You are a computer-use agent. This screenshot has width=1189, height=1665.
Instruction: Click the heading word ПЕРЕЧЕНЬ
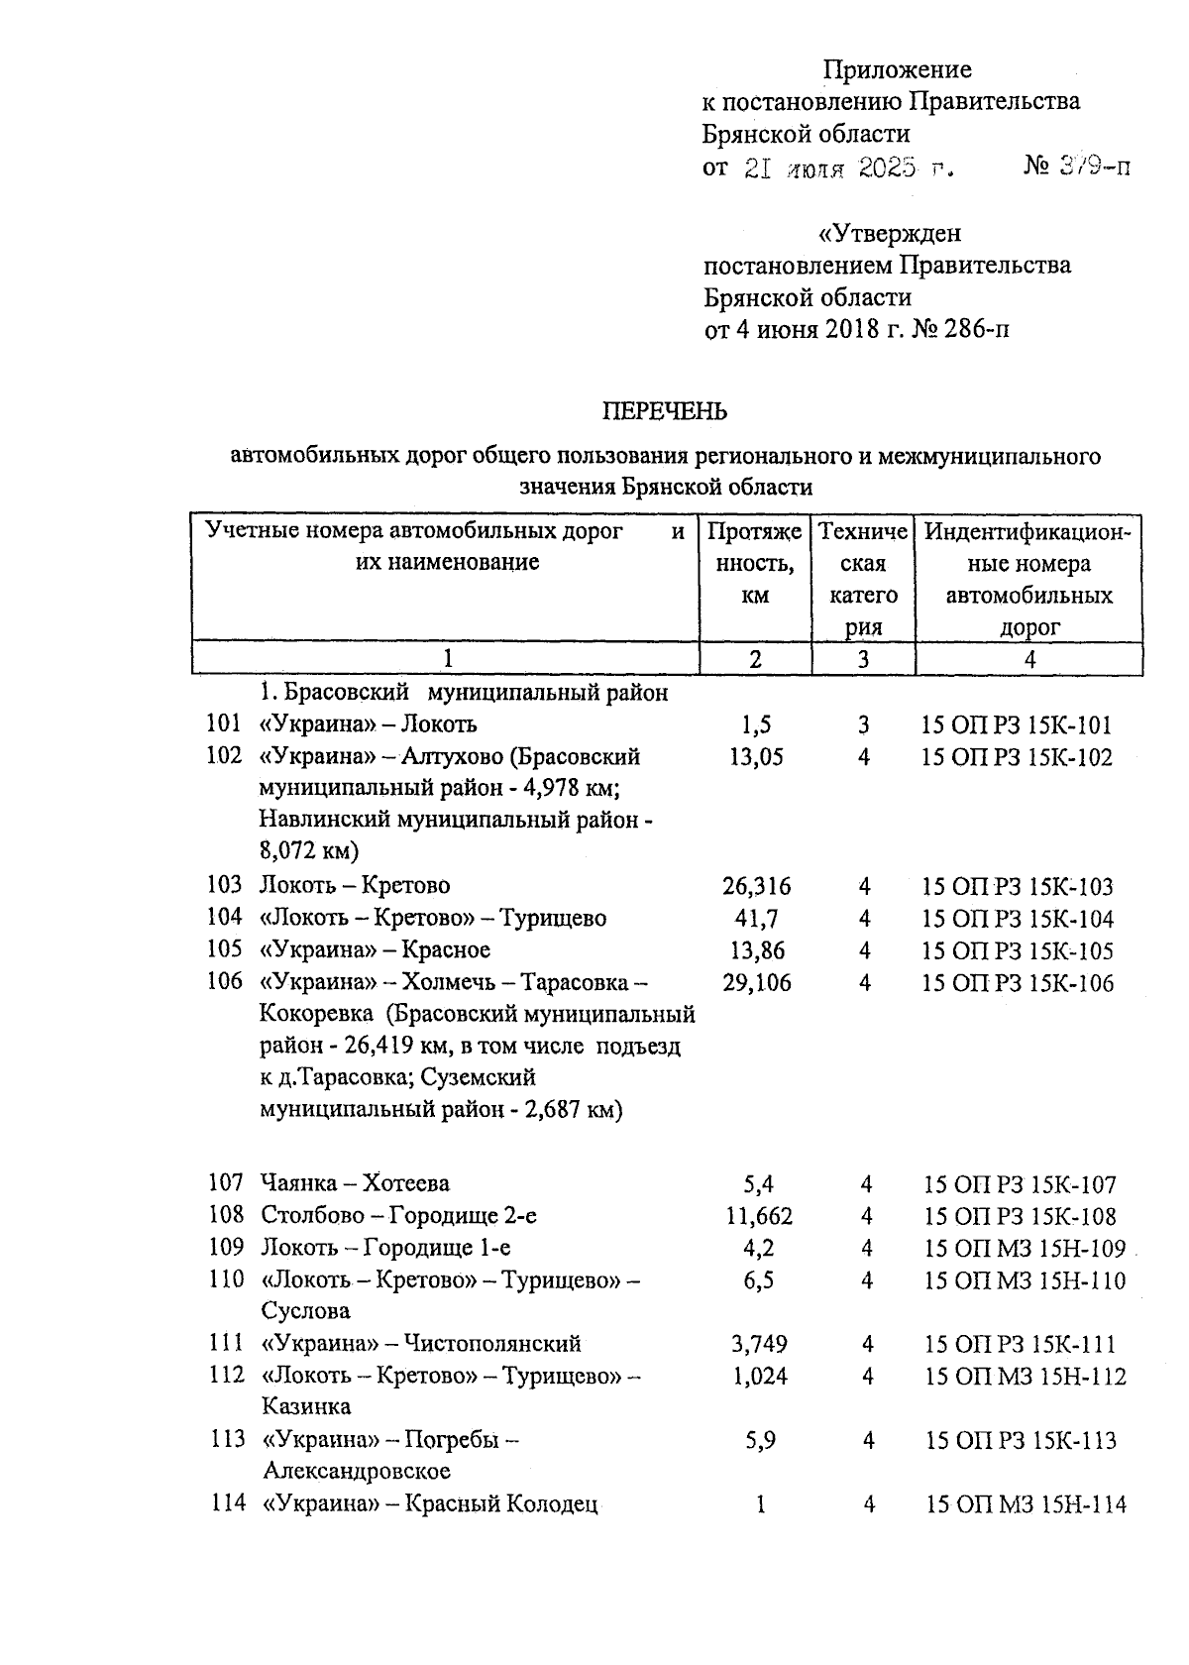click(666, 411)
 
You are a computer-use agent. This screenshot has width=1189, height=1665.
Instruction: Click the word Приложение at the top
click(898, 70)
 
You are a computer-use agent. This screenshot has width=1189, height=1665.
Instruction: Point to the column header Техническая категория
click(863, 579)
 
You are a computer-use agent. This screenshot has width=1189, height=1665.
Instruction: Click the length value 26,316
click(757, 886)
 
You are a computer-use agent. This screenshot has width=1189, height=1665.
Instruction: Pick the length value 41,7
click(756, 919)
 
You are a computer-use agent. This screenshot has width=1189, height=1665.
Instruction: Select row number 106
click(225, 981)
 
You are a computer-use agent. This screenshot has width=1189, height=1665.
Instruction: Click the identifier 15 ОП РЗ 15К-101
click(1017, 725)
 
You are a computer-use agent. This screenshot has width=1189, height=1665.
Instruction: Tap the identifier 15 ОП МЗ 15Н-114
click(1026, 1504)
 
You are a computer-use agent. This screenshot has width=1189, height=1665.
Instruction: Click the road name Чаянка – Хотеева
click(355, 1182)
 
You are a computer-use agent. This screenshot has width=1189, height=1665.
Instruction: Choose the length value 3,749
click(759, 1344)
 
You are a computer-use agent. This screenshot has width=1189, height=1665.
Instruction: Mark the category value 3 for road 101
click(864, 725)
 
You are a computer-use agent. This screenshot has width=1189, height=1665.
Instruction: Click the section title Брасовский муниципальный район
click(464, 693)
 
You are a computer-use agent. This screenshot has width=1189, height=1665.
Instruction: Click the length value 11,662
click(759, 1216)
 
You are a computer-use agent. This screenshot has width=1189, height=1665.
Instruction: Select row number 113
click(227, 1439)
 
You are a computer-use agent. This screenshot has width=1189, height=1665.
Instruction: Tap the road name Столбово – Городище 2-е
click(399, 1215)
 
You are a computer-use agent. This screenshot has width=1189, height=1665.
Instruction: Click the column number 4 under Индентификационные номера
click(1029, 659)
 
